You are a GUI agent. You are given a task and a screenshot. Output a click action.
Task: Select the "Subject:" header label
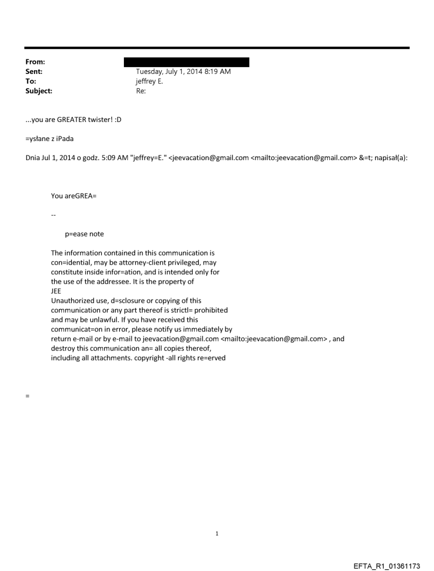(x=38, y=91)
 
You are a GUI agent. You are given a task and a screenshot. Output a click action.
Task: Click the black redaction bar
(x=186, y=62)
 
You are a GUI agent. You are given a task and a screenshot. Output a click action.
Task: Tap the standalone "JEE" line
(x=56, y=291)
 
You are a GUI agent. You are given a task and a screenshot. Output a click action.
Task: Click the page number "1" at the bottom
(x=216, y=533)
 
